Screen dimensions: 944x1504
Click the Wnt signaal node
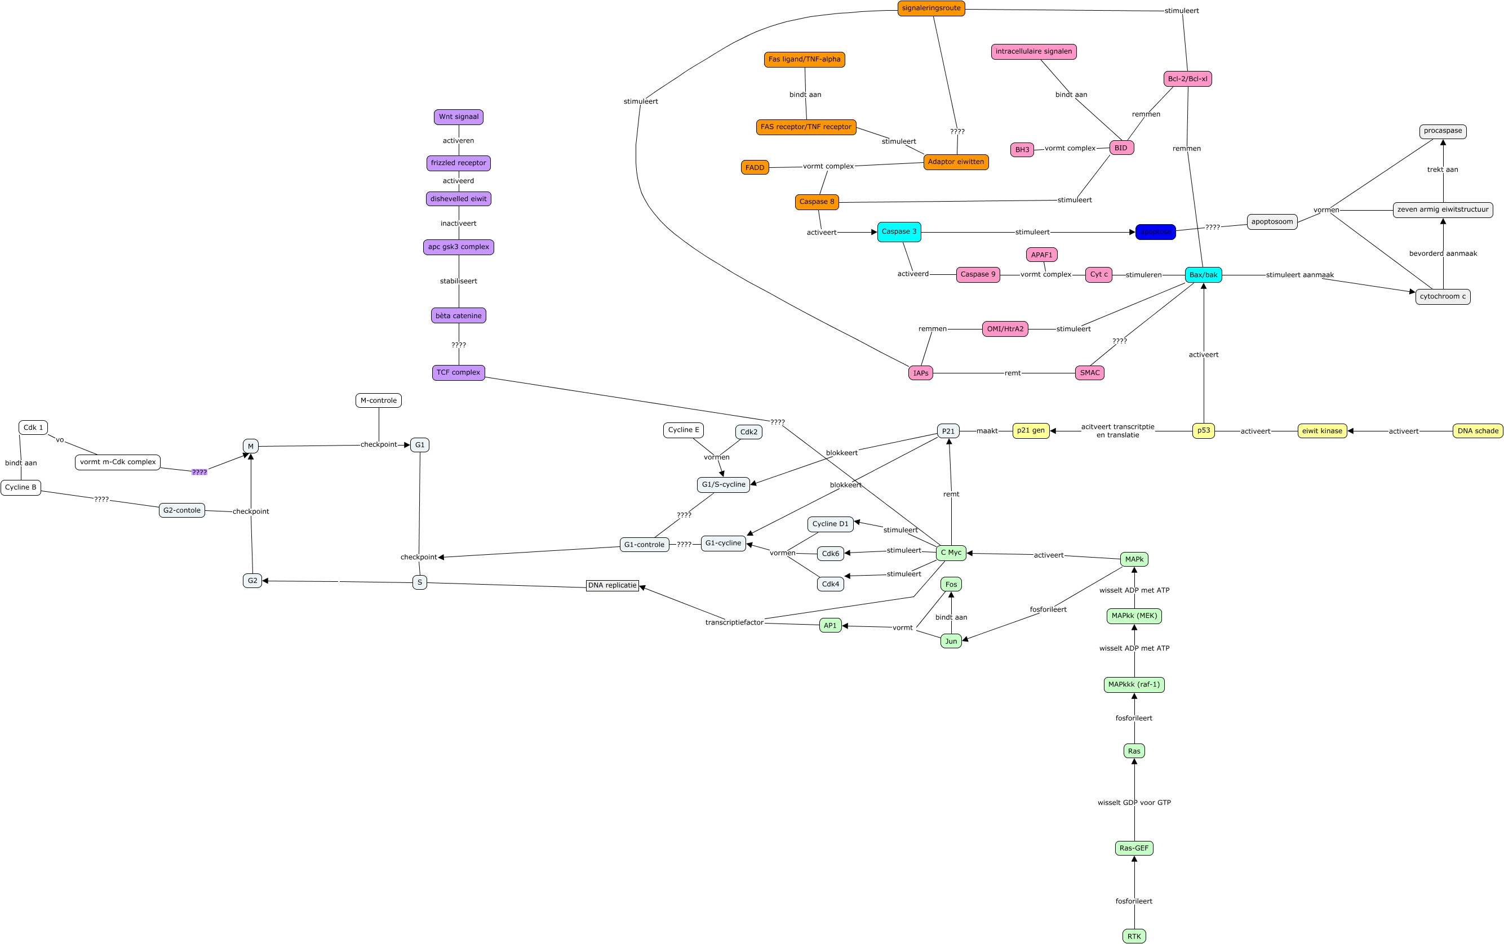[459, 117]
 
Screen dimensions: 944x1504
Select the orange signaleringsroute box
[930, 8]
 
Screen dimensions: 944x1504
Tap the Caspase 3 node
[899, 231]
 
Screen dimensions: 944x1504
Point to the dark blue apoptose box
[1155, 231]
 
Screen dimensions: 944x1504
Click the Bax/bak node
[1203, 275]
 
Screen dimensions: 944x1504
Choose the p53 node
[1203, 430]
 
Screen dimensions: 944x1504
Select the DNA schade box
[1477, 431]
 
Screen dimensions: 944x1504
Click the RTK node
[1134, 936]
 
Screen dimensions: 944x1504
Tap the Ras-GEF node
[1134, 848]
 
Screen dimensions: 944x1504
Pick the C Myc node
[951, 553]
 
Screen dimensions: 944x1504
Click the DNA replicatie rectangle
[612, 586]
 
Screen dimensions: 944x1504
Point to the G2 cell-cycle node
[252, 581]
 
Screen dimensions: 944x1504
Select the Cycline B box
[21, 487]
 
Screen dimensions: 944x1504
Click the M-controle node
[379, 400]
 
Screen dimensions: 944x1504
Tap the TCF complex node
[459, 373]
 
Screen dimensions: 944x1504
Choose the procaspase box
[1443, 131]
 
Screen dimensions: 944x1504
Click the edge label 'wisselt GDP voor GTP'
[1134, 802]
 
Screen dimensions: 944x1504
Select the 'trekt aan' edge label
[1443, 169]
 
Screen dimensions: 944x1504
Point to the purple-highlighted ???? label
[199, 472]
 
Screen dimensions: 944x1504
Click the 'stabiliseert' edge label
[459, 281]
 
